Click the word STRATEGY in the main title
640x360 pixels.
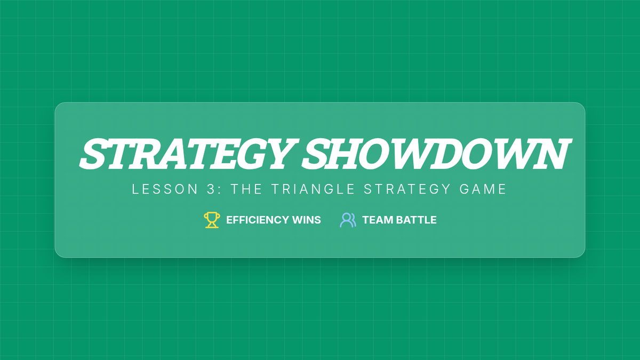189,154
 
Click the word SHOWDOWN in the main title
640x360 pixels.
437,154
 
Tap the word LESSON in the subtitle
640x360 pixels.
165,189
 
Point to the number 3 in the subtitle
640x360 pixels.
211,189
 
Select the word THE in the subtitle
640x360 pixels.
246,189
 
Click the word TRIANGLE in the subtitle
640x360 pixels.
313,189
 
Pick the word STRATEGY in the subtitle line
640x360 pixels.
407,189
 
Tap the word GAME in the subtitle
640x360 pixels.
483,189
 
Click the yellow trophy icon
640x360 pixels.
212,220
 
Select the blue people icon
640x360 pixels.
348,220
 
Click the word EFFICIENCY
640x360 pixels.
258,220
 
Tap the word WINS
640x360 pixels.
307,220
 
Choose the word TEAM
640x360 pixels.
378,220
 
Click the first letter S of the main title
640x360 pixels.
94,154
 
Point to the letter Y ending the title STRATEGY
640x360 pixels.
283,154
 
